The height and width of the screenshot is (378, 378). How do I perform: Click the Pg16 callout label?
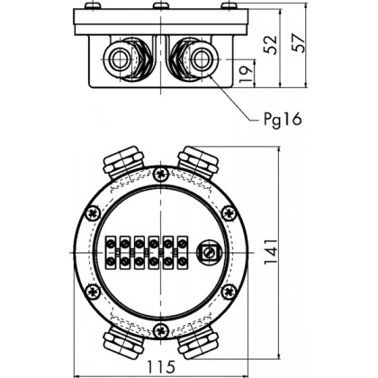[283, 120]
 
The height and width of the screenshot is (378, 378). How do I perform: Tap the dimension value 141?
[270, 252]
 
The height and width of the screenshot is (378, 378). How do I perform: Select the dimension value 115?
[161, 366]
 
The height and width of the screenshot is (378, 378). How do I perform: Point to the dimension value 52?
[270, 45]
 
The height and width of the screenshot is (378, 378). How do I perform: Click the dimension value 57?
[299, 43]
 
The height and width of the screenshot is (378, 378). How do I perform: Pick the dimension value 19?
[246, 74]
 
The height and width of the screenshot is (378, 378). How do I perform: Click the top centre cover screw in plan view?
[161, 174]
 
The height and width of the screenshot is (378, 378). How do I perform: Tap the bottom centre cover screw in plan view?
[161, 331]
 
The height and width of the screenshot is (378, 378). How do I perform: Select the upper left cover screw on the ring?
[93, 213]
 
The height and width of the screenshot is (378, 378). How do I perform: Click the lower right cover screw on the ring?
[229, 292]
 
